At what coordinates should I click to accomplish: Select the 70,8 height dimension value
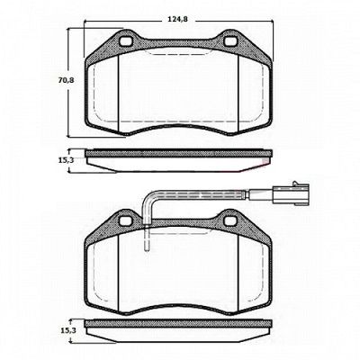pos(66,80)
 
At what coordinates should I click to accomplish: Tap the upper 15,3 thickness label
pos(66,160)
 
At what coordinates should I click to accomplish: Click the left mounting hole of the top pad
pos(126,41)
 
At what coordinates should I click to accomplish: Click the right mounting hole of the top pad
pos(230,41)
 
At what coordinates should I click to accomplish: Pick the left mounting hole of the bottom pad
pos(125,221)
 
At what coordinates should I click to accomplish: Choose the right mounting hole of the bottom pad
pos(230,221)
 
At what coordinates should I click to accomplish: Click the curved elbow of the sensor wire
pos(149,199)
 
